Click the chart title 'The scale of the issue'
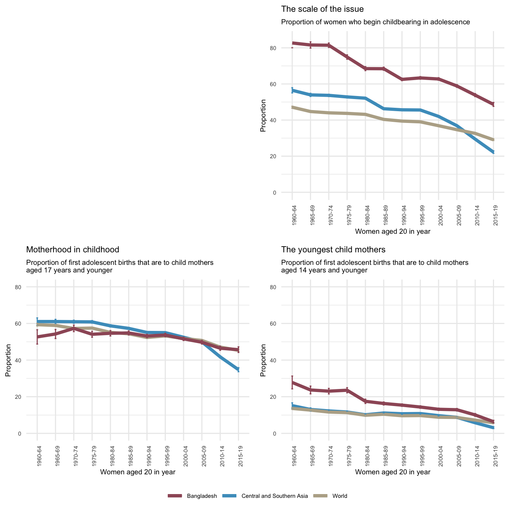click(322, 9)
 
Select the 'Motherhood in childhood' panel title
click(72, 250)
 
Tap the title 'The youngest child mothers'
click(333, 250)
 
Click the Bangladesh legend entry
click(201, 496)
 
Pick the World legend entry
click(339, 496)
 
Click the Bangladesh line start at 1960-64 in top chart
click(292, 43)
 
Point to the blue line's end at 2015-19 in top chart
click(493, 152)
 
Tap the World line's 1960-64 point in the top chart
click(292, 107)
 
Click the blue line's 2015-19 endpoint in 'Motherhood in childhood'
click(238, 370)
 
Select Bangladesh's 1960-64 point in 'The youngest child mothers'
click(292, 382)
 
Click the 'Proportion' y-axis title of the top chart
click(263, 116)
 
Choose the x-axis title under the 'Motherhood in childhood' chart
click(137, 472)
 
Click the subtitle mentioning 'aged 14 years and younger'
click(375, 266)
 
